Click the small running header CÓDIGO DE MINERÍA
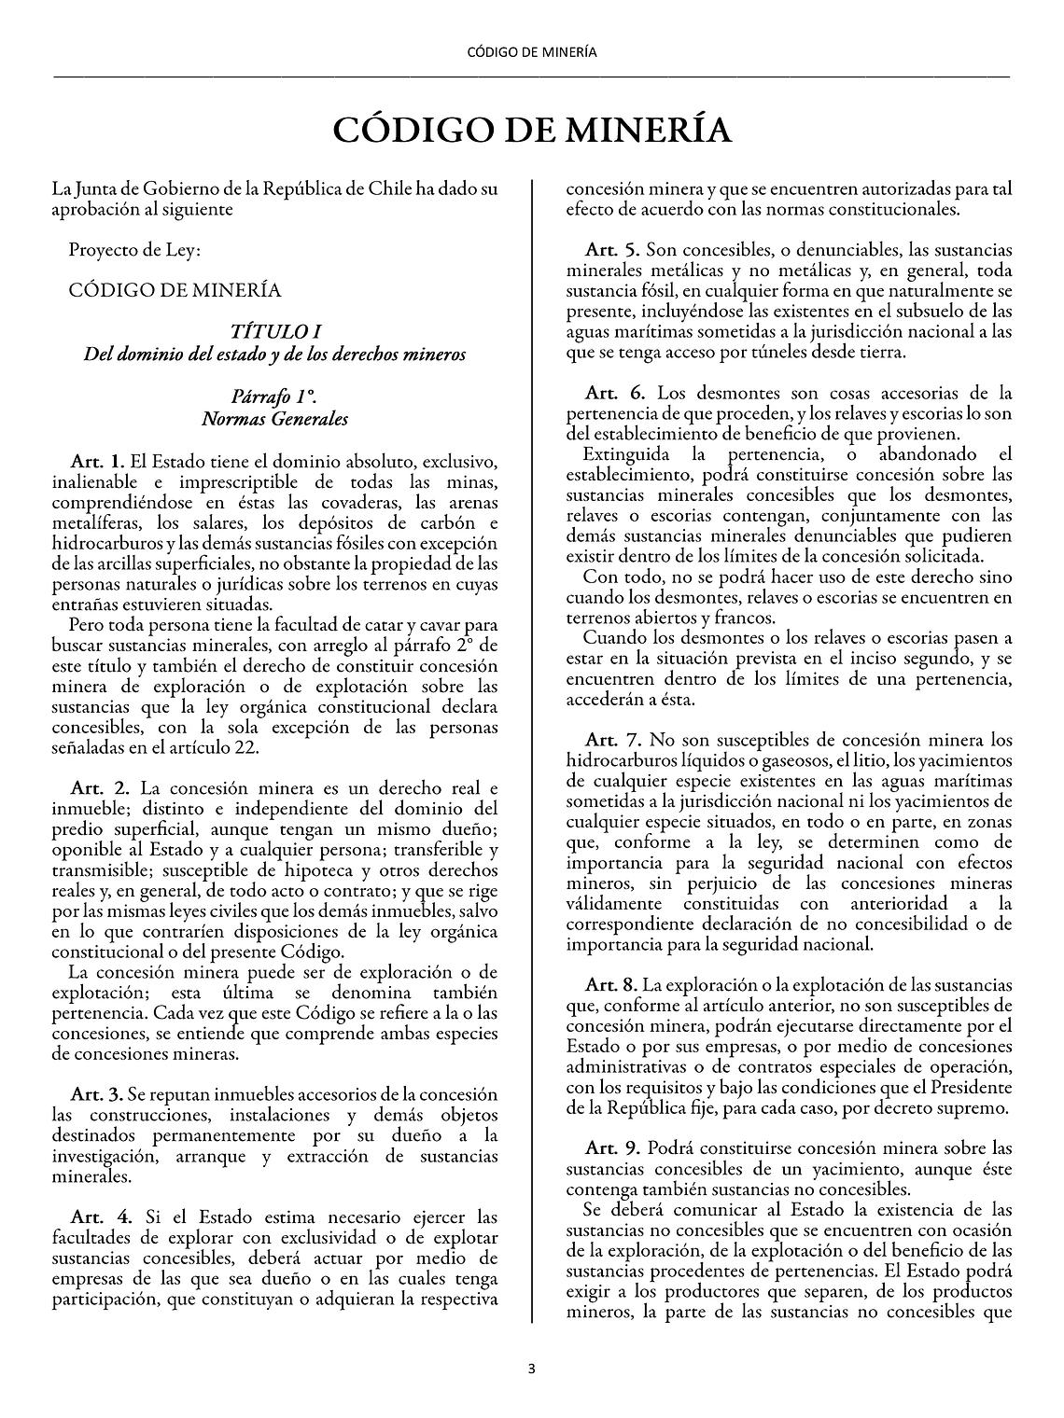click(x=532, y=52)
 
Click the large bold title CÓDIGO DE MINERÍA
click(x=532, y=131)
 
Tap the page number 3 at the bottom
click(x=532, y=1369)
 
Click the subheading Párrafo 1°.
click(x=275, y=398)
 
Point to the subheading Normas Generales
click(x=275, y=419)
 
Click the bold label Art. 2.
click(x=98, y=788)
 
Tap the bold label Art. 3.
click(x=97, y=1094)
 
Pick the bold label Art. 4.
click(x=98, y=1217)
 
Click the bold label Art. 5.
click(x=612, y=250)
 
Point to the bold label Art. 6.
click(x=613, y=393)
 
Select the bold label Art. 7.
click(x=613, y=740)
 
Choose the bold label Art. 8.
click(x=612, y=985)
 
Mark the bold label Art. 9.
click(x=613, y=1148)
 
